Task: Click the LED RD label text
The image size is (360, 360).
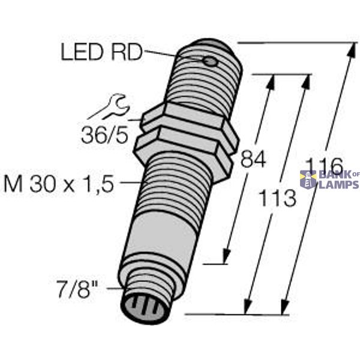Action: [x=100, y=53]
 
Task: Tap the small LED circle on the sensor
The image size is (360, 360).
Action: [x=209, y=61]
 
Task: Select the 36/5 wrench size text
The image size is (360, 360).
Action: [x=104, y=136]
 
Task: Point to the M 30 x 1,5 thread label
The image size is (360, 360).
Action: [x=58, y=184]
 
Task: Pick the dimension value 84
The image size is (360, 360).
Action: [x=253, y=160]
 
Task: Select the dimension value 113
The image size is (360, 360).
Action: [x=277, y=197]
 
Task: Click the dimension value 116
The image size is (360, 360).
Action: [x=324, y=164]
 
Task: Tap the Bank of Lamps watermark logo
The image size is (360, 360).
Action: [x=329, y=179]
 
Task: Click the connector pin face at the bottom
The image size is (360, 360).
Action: [x=145, y=308]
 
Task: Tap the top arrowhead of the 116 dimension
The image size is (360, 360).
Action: [x=349, y=49]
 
